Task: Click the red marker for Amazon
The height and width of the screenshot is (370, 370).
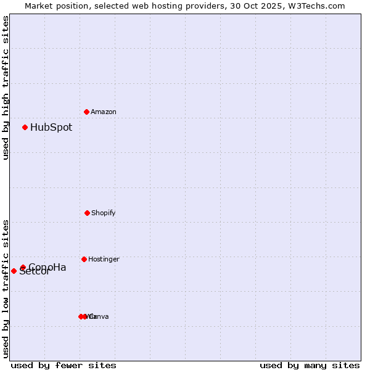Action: [86, 112]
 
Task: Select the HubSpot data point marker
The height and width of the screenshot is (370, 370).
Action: [25, 127]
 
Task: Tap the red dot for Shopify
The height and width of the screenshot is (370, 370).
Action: [87, 213]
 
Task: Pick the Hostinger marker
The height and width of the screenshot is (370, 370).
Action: [84, 259]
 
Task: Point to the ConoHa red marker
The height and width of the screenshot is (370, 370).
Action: [23, 268]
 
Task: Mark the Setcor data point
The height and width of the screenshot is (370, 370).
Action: [14, 271]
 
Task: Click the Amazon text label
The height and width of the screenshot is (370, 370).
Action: [104, 112]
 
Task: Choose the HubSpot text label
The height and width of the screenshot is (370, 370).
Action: [51, 128]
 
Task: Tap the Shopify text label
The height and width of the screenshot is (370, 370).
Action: [104, 213]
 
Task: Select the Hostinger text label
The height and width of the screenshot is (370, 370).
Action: [104, 259]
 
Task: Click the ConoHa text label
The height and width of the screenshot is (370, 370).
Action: [48, 267]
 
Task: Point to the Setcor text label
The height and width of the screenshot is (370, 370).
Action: [35, 272]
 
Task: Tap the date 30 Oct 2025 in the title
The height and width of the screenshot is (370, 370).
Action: [262, 6]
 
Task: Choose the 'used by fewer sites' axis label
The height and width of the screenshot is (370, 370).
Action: [64, 365]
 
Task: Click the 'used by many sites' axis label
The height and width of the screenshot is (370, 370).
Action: [310, 365]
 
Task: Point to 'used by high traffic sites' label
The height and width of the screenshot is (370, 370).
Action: [6, 88]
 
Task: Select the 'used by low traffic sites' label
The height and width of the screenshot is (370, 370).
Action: [6, 289]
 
